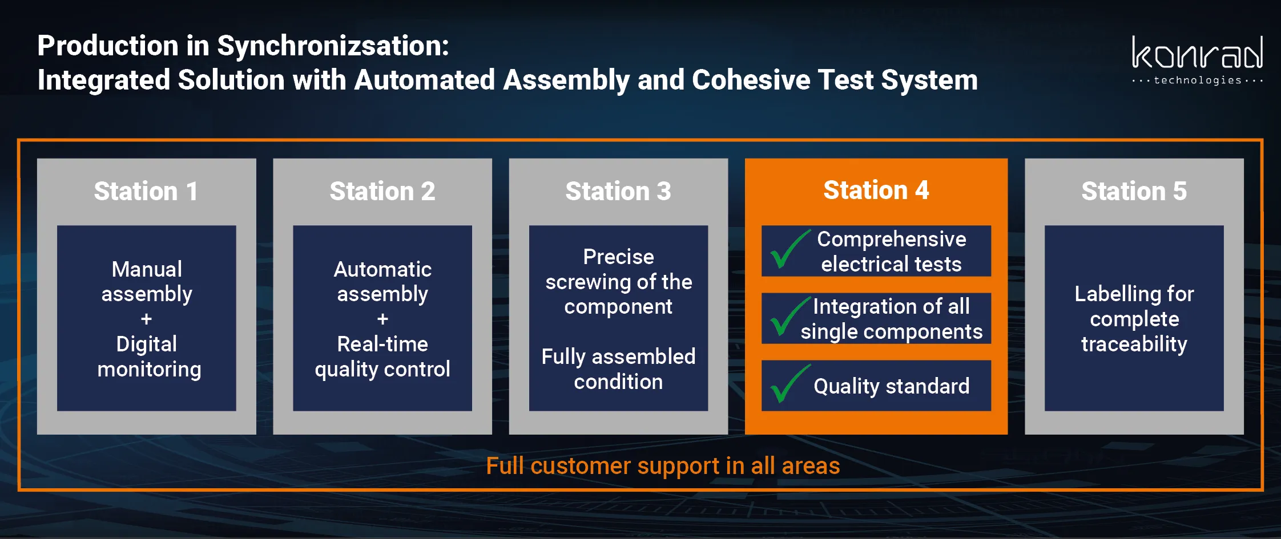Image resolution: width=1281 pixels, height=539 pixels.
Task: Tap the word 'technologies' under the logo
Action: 1198,80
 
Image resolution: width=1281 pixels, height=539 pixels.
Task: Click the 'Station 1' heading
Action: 146,191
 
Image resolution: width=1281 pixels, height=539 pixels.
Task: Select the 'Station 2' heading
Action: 382,191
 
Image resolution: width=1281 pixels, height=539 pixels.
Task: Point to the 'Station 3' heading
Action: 618,191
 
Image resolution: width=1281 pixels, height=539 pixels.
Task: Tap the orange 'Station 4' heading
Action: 876,190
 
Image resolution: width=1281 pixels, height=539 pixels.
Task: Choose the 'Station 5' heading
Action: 1134,191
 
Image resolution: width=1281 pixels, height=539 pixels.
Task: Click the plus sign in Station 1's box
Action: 147,319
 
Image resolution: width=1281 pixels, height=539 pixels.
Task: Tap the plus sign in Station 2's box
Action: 382,319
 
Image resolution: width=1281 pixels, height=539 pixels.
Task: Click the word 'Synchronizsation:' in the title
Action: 333,46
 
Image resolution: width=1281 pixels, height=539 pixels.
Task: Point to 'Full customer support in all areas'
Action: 663,466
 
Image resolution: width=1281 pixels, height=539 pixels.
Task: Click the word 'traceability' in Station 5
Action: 1134,344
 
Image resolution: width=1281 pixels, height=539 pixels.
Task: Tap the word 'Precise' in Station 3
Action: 618,257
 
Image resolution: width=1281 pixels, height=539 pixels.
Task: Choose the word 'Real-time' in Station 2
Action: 382,344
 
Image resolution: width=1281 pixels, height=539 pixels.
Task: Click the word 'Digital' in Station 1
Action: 147,345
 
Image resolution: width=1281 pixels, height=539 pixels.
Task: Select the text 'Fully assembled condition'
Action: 618,369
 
